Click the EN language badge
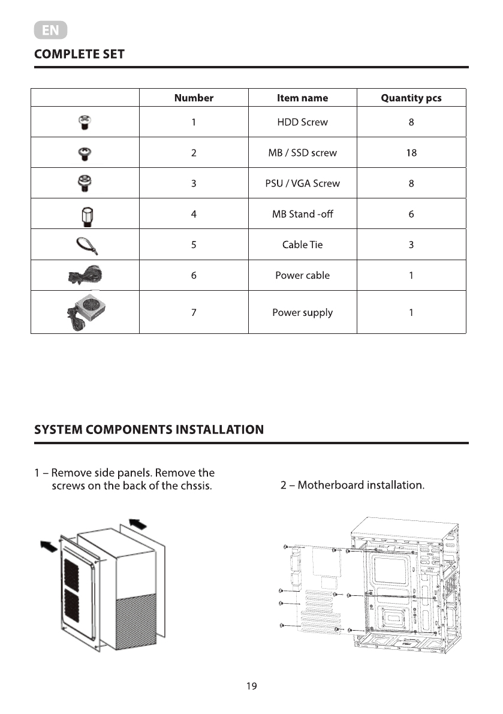point(50,30)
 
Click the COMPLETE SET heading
point(79,54)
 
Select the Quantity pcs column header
point(411,98)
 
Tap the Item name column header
point(302,98)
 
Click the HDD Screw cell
point(302,122)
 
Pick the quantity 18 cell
point(411,153)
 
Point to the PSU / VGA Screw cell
point(302,183)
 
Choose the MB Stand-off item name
point(302,214)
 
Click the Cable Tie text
point(302,245)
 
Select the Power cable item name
point(302,276)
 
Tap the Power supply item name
point(302,312)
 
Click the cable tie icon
point(86,245)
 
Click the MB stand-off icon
point(85,214)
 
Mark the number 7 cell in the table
point(194,312)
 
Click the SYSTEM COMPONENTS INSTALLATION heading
point(149,429)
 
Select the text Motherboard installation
point(361,484)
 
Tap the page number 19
point(251,686)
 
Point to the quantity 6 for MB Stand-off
point(411,214)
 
